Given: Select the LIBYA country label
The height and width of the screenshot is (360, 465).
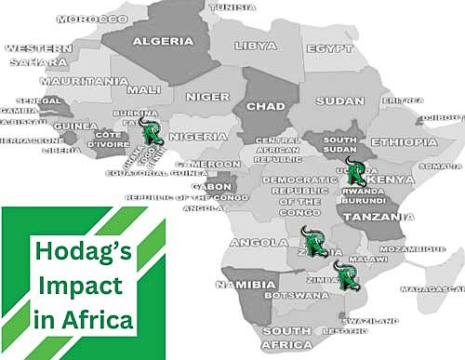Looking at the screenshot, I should click(256, 46).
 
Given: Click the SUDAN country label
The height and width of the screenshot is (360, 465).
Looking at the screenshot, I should click(339, 100).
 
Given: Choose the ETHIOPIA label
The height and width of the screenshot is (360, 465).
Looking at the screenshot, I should click(404, 141).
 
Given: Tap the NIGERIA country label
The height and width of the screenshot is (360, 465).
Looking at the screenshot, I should click(196, 136).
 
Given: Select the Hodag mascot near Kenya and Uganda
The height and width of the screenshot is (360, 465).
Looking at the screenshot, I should click(355, 174).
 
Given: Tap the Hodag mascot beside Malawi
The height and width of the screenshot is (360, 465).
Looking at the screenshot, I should click(348, 276).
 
